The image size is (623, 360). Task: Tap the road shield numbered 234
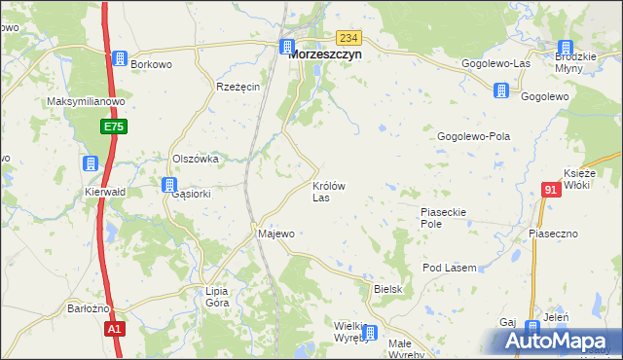point(349,37)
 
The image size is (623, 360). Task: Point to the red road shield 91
point(552,190)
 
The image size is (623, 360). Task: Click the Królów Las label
point(327,191)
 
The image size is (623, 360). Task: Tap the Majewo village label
point(275,234)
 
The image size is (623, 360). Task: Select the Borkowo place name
point(151,64)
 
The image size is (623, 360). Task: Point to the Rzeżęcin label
point(238,87)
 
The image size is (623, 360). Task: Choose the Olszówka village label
point(194,159)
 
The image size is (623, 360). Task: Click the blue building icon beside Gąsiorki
point(169,184)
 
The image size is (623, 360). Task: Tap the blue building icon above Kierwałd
point(90,163)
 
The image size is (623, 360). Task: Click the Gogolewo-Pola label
point(474,137)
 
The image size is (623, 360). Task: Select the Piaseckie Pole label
point(445,217)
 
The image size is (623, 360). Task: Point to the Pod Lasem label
point(449,268)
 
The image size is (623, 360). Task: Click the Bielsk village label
point(387,290)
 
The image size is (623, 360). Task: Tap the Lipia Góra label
point(217,297)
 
